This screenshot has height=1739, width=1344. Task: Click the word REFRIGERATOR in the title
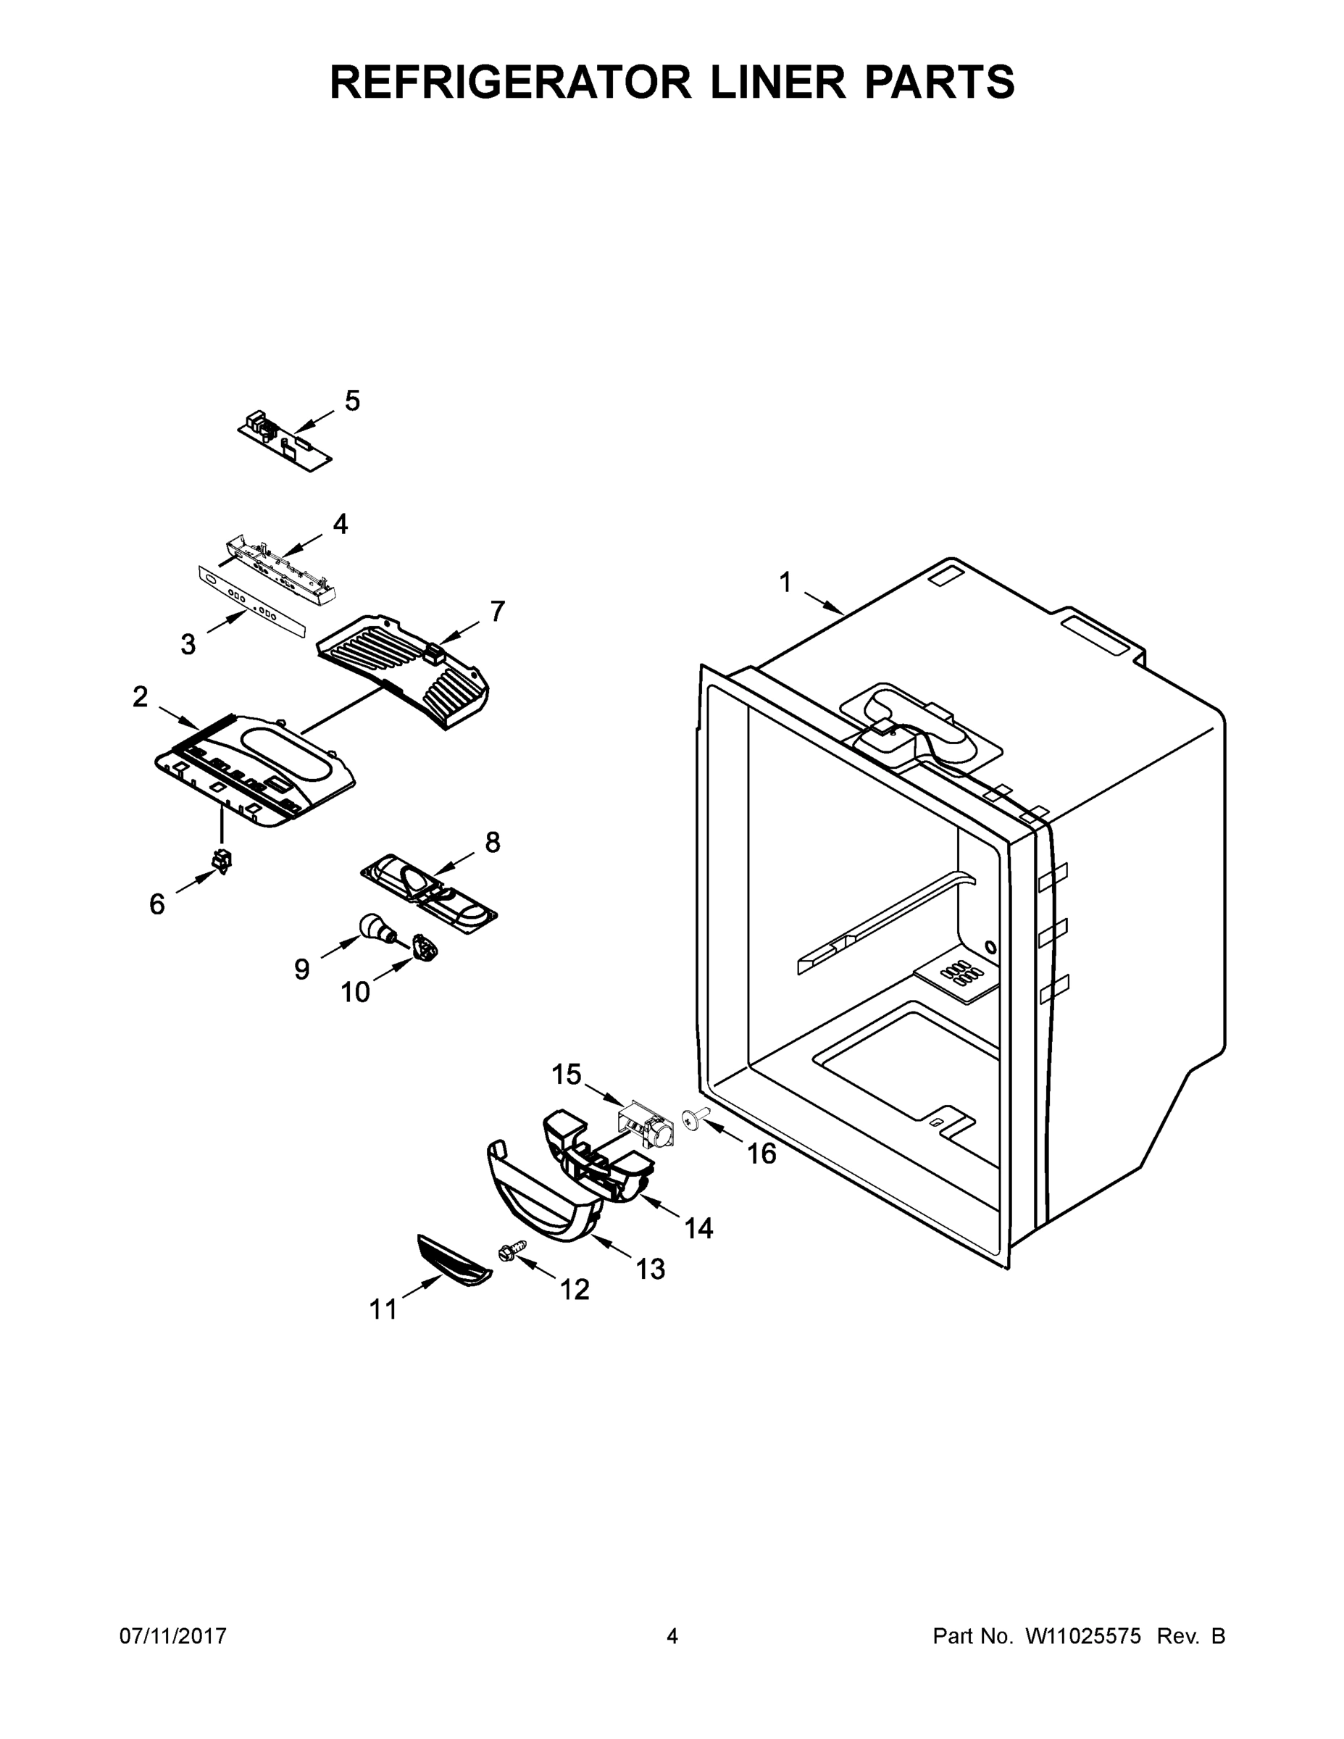pos(510,82)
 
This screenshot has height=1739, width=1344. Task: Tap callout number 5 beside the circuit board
pos(352,401)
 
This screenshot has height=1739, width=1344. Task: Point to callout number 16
pos(761,1153)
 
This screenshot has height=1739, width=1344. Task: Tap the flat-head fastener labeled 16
pos(692,1119)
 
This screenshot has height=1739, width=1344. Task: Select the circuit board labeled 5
pos(284,441)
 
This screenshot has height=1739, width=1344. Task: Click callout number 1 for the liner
pos(785,583)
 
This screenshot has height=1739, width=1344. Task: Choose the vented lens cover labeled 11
pos(454,1261)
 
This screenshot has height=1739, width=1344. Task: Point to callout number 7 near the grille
pos(497,612)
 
